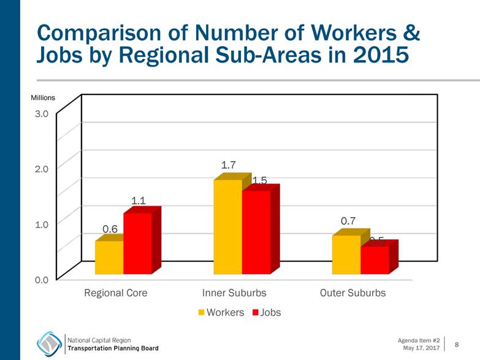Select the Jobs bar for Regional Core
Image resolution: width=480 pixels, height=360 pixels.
pyautogui.click(x=137, y=243)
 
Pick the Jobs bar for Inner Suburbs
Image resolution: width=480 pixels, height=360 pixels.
pyautogui.click(x=256, y=232)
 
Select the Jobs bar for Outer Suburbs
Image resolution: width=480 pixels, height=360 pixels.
pyautogui.click(x=375, y=260)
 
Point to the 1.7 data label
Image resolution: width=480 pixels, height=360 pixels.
pyautogui.click(x=229, y=166)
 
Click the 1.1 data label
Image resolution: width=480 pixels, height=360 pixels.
pyautogui.click(x=139, y=200)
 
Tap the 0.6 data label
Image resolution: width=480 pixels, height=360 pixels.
pyautogui.click(x=110, y=229)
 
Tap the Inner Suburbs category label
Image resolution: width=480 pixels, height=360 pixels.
pyautogui.click(x=235, y=293)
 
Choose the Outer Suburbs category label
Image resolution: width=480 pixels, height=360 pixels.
pyautogui.click(x=353, y=293)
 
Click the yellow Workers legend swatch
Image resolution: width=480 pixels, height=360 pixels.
pyautogui.click(x=200, y=313)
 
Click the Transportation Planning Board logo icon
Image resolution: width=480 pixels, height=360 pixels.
pyautogui.click(x=50, y=343)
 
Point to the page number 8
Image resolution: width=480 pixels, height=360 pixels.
pyautogui.click(x=457, y=345)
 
